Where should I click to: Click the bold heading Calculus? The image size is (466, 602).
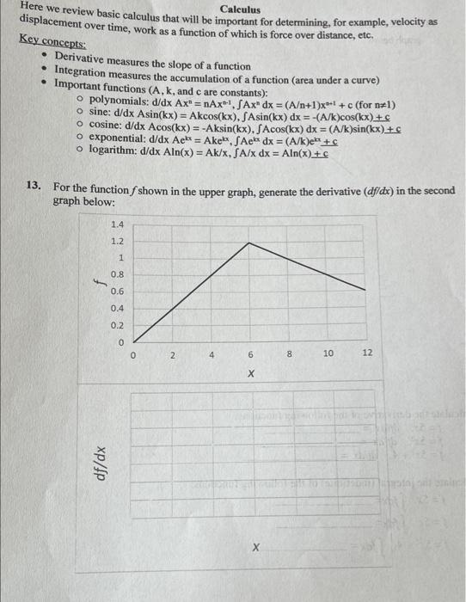pyautogui.click(x=240, y=9)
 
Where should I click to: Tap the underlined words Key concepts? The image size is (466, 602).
pyautogui.click(x=50, y=42)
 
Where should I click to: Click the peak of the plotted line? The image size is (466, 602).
pyautogui.click(x=249, y=243)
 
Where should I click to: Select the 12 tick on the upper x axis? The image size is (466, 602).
pyautogui.click(x=367, y=353)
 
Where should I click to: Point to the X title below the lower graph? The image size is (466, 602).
pyautogui.click(x=255, y=548)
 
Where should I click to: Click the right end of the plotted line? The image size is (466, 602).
pyautogui.click(x=366, y=290)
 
